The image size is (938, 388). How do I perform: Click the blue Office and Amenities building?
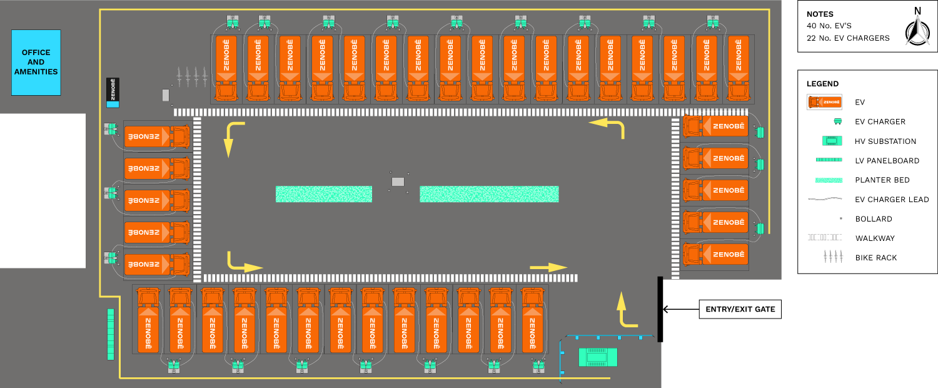(x=36, y=63)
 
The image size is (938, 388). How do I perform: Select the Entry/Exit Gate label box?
(x=740, y=309)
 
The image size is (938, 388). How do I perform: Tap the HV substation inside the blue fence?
(x=598, y=357)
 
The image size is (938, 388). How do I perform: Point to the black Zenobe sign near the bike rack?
(x=113, y=92)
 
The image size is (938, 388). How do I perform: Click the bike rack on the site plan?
(x=192, y=77)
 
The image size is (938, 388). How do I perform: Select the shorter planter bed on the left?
(x=324, y=194)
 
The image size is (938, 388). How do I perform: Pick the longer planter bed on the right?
(x=489, y=194)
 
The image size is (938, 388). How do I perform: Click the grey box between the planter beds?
(x=398, y=181)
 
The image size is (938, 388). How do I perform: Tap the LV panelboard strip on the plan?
(x=111, y=334)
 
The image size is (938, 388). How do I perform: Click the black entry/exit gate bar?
(x=660, y=309)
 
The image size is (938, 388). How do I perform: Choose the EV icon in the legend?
(x=824, y=102)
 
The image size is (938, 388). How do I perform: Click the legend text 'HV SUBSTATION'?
(x=885, y=141)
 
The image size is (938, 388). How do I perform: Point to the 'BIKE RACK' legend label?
(x=876, y=258)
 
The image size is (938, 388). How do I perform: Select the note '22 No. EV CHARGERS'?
(x=848, y=38)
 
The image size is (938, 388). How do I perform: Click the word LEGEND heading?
(x=822, y=84)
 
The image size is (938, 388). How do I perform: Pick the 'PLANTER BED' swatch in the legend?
(x=829, y=180)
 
